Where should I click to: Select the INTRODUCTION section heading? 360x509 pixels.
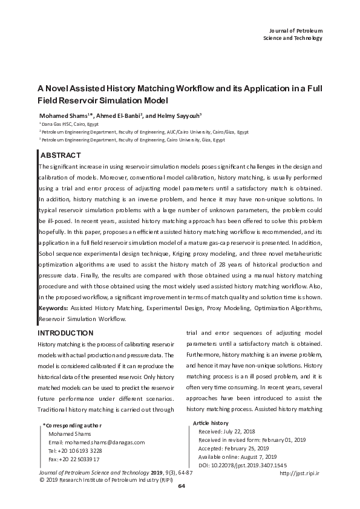65,333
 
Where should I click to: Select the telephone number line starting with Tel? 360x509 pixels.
74,451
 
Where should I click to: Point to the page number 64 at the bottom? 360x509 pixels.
180,487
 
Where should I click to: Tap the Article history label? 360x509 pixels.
211,423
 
